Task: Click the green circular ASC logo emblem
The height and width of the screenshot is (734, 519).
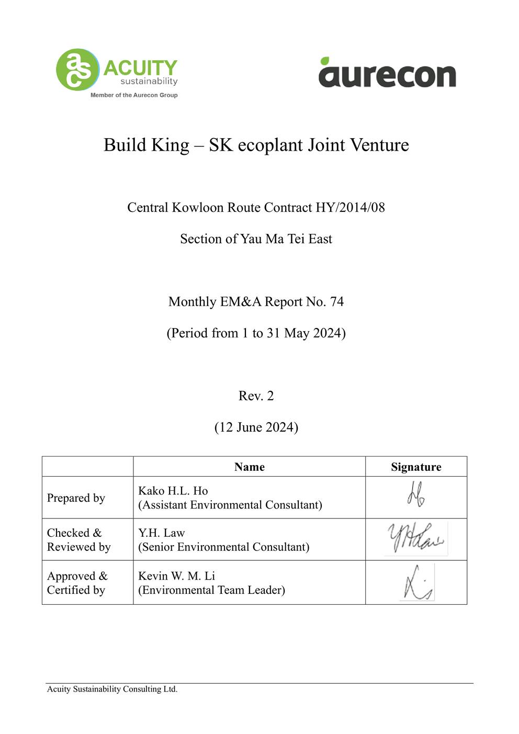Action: [77, 70]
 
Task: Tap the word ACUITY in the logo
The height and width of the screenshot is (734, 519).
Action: [140, 68]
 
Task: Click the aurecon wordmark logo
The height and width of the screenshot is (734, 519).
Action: [387, 75]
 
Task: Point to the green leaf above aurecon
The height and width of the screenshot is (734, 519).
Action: [325, 60]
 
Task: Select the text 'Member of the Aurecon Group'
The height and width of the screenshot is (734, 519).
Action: [134, 95]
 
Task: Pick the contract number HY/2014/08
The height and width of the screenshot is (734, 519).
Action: [350, 208]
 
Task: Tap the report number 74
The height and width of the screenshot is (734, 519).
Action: [337, 302]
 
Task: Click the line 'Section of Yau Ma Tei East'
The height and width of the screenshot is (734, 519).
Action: [256, 239]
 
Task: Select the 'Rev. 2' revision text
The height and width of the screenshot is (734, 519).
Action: [256, 396]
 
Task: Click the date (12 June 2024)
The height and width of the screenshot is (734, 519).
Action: [256, 427]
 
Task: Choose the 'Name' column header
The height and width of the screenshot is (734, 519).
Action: [249, 467]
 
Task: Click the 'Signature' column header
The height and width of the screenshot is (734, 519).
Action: [416, 467]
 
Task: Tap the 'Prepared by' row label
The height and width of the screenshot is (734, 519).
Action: [76, 498]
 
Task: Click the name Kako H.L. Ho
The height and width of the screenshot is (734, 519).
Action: [173, 491]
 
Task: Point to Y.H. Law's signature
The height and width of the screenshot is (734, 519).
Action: [416, 538]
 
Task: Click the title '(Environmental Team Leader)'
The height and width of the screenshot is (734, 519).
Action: [211, 590]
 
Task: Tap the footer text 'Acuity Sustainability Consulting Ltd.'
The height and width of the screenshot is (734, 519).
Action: [112, 690]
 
